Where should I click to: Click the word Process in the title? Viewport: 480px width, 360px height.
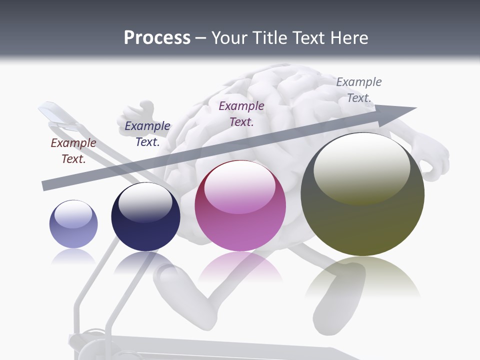pyautogui.click(x=157, y=38)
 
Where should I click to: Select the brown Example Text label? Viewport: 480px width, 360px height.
pyautogui.click(x=73, y=151)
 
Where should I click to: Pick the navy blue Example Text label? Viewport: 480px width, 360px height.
pyautogui.click(x=147, y=134)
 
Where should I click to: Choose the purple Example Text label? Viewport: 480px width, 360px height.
pyautogui.click(x=241, y=114)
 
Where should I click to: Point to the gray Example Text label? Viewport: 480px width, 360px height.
pyautogui.click(x=359, y=90)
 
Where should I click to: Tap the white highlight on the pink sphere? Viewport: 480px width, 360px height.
pyautogui.click(x=239, y=186)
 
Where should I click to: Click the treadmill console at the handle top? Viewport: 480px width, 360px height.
pyautogui.click(x=55, y=113)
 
